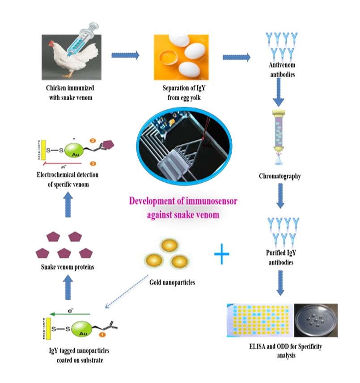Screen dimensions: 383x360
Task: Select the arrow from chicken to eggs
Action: point(125,55)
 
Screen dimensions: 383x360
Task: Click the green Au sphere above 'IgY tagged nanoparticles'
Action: point(77,330)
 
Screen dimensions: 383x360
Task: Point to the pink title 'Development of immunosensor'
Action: point(183,201)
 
